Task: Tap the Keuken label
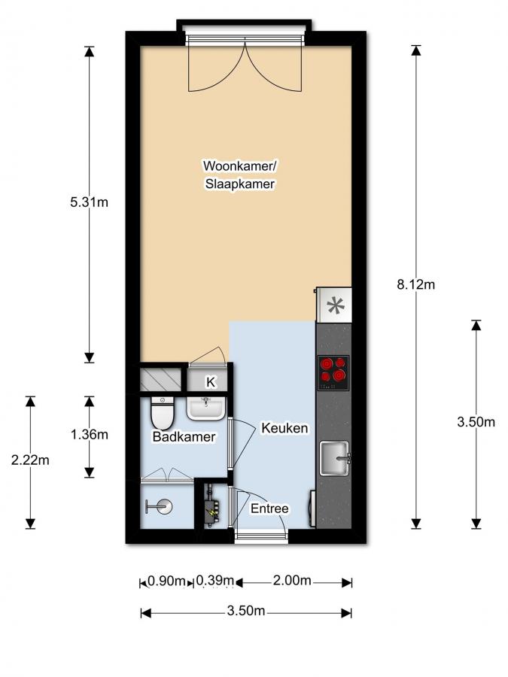click(x=284, y=428)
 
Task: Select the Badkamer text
click(x=184, y=437)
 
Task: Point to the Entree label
click(x=269, y=509)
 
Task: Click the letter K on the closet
click(x=211, y=382)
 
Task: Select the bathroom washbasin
click(x=205, y=407)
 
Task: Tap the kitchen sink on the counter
click(x=336, y=458)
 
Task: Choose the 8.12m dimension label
click(x=416, y=284)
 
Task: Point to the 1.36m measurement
click(x=89, y=434)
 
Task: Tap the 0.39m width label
click(x=214, y=581)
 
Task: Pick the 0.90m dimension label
click(x=167, y=581)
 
